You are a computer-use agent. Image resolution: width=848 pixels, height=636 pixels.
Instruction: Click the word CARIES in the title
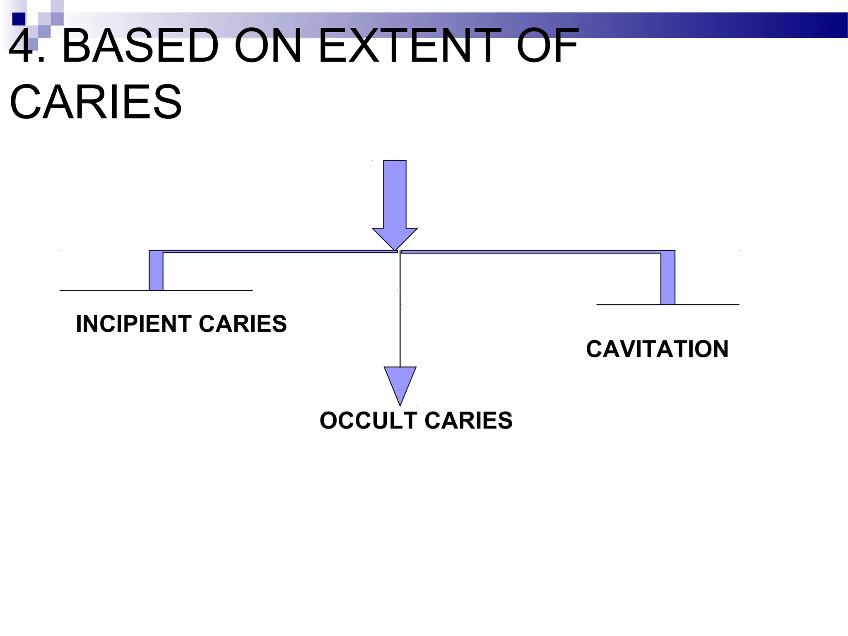point(96,102)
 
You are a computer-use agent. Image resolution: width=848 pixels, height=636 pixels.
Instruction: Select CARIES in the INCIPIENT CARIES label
point(243,324)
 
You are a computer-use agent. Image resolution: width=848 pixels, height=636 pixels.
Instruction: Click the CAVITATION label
point(657,349)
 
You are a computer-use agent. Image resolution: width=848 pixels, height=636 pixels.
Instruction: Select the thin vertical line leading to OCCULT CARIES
point(400,311)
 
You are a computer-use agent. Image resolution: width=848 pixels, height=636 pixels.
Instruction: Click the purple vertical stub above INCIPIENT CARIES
point(156,271)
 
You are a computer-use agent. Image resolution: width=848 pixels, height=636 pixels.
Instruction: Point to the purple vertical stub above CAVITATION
point(668,278)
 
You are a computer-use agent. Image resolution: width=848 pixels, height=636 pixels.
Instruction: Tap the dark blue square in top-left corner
point(19,19)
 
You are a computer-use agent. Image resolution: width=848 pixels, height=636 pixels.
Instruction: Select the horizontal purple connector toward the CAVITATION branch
point(530,252)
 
